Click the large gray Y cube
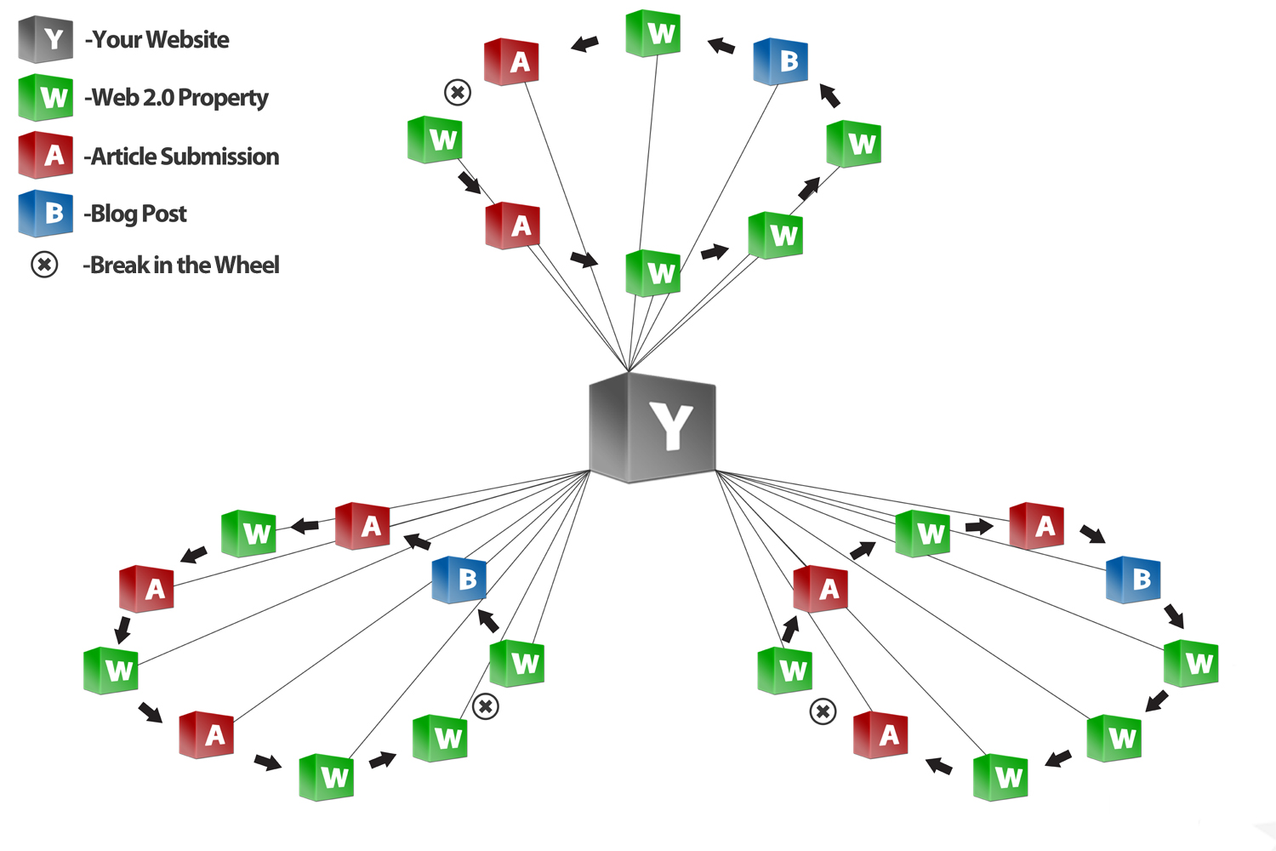coord(653,427)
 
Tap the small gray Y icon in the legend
coord(46,39)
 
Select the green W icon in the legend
coord(46,97)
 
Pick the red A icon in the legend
coord(46,155)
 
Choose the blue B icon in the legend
coord(46,213)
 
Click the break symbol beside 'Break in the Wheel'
coord(44,265)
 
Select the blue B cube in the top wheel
coord(781,61)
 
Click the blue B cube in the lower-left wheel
coord(459,580)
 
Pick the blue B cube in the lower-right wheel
coord(1133,580)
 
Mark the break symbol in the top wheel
coord(458,92)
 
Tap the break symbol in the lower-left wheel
coord(485,706)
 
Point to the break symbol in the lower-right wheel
coord(823,711)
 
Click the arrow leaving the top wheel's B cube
coord(721,45)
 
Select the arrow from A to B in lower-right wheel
coord(1092,534)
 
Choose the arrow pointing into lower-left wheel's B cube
coord(488,620)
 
